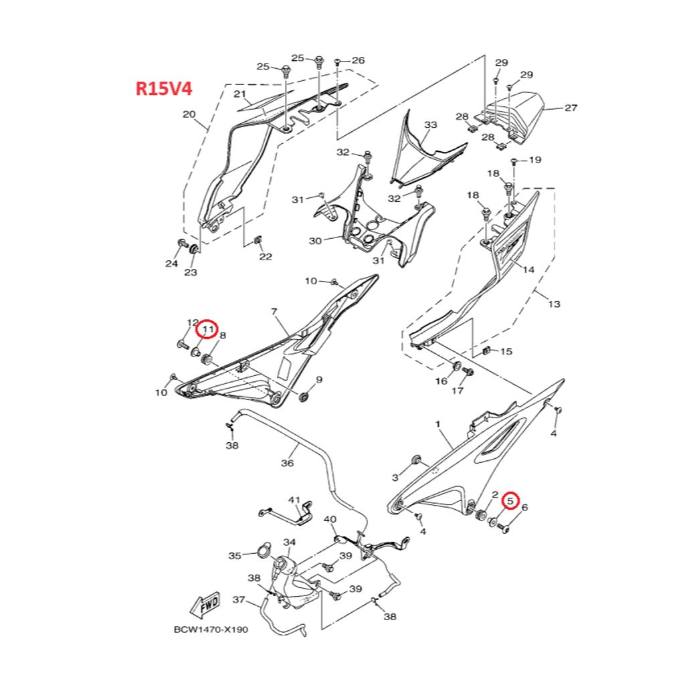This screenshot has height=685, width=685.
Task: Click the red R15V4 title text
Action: coord(164,89)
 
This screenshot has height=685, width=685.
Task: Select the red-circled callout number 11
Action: coord(207,329)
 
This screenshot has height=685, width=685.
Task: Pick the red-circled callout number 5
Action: coord(510,500)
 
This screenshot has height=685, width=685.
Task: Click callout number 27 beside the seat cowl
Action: coord(571,108)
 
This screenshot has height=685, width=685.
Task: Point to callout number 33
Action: coord(431,125)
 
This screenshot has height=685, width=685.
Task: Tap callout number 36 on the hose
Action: coord(287,462)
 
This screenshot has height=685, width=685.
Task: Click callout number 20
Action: coord(189,114)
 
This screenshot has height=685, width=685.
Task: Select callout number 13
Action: coord(554,304)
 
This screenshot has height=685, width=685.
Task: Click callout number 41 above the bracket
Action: coord(295,500)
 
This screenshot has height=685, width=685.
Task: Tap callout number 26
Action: coord(358,60)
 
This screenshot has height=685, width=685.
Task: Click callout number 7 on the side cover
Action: coord(274,312)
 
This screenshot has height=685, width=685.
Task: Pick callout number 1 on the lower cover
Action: coord(438,424)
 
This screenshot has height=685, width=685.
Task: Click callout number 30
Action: coord(315,240)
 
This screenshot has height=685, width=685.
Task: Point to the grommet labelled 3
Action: coord(415,460)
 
